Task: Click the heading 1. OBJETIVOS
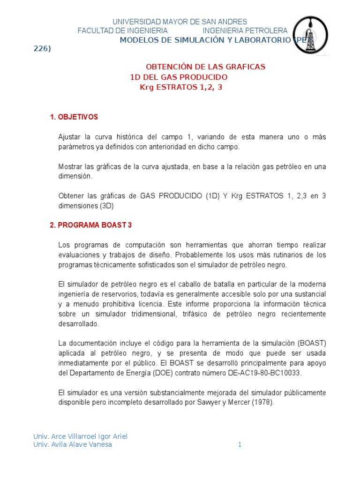[x=74, y=117]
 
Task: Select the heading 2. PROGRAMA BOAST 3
[x=91, y=225]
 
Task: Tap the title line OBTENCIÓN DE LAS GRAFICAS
[x=206, y=67]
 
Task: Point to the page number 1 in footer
[x=240, y=444]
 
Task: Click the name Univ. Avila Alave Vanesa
[x=73, y=444]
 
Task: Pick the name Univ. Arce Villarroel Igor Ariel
[x=80, y=436]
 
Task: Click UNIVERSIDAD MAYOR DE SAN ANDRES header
[x=180, y=22]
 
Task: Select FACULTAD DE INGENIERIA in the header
[x=122, y=30]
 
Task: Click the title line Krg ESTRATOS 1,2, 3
[x=181, y=87]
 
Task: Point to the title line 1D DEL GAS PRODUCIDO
[x=179, y=77]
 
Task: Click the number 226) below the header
[x=42, y=49]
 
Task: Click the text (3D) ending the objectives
[x=106, y=205]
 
